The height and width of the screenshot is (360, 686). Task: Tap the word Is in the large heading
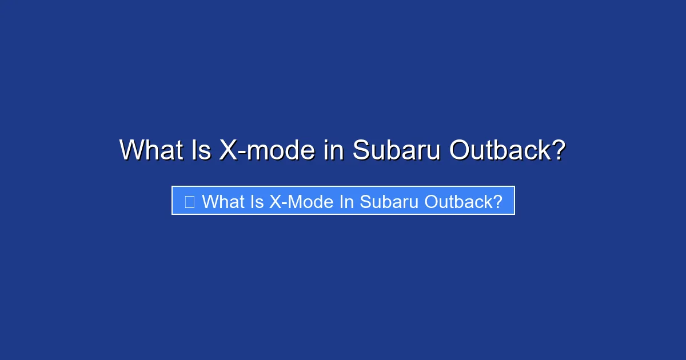coord(198,150)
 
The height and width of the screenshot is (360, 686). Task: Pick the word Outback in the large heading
coord(497,150)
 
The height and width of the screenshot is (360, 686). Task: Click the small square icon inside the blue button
coord(190,201)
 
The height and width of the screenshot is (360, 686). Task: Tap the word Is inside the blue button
coord(256,201)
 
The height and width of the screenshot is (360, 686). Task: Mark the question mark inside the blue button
coord(497,201)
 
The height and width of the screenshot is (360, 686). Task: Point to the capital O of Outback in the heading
coord(460,150)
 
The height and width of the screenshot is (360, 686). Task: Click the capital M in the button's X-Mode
coord(292,201)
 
